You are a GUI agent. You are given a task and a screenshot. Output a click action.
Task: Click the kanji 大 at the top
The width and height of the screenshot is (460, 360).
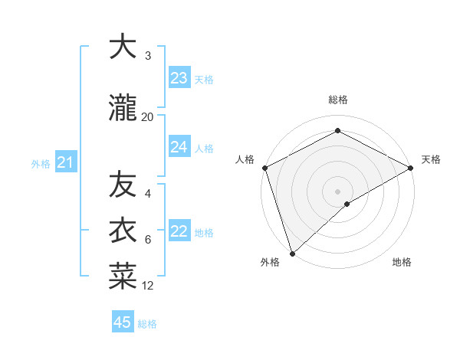point(123,47)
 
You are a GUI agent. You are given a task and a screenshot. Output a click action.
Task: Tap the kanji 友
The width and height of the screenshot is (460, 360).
point(123,185)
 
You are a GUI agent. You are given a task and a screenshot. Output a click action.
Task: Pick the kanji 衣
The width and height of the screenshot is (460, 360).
point(123,229)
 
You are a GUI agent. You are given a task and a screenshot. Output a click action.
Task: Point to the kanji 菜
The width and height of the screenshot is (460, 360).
point(123,277)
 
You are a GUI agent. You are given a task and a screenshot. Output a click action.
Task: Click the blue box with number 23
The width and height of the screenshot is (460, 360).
point(179,78)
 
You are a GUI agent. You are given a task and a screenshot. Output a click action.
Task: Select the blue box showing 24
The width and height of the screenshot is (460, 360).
point(179,147)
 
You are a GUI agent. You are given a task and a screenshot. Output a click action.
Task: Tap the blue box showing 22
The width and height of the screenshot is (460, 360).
point(179,231)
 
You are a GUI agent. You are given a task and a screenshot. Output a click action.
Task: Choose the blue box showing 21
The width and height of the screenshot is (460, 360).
point(65,162)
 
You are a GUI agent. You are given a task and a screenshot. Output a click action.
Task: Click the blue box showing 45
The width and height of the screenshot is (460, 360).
point(123,322)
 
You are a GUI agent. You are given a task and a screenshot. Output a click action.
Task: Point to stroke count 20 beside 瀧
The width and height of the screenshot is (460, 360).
point(147,117)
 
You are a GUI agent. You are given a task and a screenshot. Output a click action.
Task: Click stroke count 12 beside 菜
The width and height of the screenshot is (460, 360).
point(147,286)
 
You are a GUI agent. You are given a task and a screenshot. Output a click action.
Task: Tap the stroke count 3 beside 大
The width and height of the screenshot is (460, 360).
point(148,56)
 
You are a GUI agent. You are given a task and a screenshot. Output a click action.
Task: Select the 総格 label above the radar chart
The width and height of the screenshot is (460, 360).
point(337,100)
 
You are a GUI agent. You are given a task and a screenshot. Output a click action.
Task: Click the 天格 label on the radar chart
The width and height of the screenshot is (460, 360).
point(431,159)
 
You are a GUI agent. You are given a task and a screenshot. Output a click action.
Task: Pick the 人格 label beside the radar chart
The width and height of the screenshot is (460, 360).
point(245,159)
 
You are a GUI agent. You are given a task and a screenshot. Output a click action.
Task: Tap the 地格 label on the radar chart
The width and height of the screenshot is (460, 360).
point(402,263)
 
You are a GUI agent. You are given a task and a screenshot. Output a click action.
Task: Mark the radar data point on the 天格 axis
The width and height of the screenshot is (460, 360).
point(411,168)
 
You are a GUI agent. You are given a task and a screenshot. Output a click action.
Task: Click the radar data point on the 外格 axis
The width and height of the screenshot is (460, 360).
point(292,253)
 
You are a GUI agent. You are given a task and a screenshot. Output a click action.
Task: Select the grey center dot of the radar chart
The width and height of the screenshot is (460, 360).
point(337,191)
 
